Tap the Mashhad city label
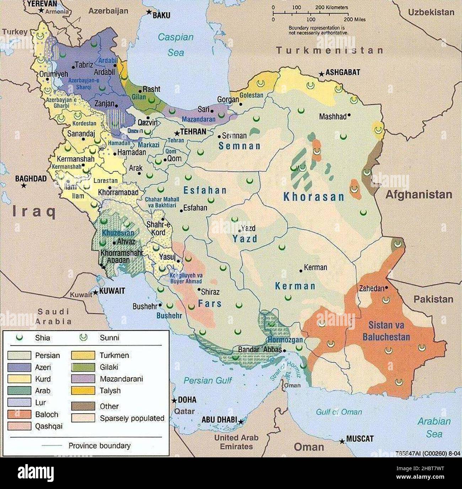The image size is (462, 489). tap(332, 116)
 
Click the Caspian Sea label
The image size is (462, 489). tap(176, 44)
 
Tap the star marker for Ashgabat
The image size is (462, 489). tap(321, 74)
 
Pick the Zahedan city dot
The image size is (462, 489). tap(386, 288)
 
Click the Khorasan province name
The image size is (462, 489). tap(314, 197)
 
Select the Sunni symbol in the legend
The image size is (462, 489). tap(84, 337)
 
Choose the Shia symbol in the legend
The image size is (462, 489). tap(19, 337)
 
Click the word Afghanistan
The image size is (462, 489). tap(419, 195)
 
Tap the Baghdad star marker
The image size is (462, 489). tap(23, 186)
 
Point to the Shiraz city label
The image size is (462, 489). tap(210, 292)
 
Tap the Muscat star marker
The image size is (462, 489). tap(342, 441)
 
